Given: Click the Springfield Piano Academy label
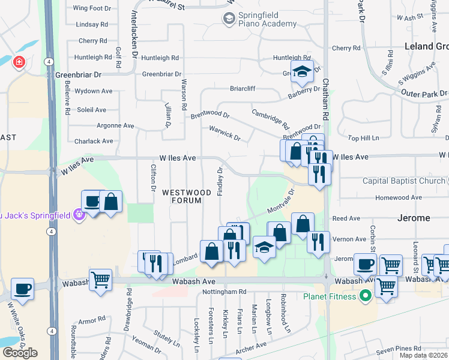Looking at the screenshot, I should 260,19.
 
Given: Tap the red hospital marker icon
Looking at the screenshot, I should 19,62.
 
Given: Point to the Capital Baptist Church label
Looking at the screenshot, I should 403,181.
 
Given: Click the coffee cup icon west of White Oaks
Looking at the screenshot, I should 23,289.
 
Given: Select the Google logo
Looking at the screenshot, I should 20,353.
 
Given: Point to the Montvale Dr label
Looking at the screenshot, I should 281,204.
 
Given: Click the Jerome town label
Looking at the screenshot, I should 414,218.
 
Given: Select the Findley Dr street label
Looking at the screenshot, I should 220,180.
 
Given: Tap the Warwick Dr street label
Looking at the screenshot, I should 224,133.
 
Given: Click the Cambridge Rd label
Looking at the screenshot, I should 271,119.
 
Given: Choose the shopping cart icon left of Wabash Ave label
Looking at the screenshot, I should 100,280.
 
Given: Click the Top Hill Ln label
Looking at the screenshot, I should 364,138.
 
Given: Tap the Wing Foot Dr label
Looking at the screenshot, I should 92,8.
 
